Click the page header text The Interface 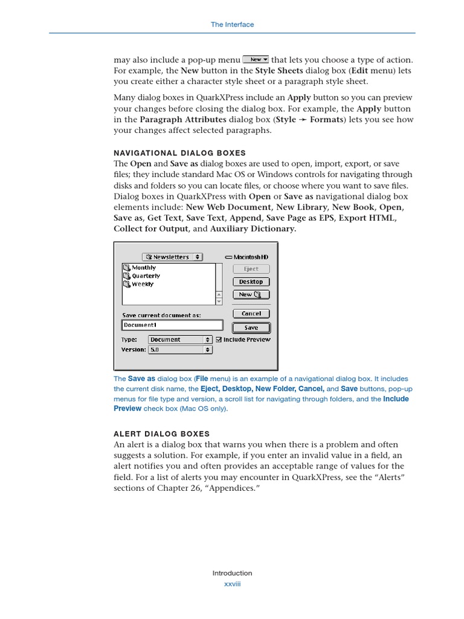[232, 25]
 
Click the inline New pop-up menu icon [256, 59]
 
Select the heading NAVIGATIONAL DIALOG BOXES [179, 153]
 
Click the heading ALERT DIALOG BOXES [161, 433]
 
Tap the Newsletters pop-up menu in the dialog [173, 257]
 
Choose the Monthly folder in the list [143, 267]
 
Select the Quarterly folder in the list [146, 276]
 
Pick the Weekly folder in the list [142, 284]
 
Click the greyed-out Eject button [251, 269]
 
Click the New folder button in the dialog [251, 294]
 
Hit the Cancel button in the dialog [251, 314]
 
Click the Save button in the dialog [251, 328]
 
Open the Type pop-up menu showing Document [180, 340]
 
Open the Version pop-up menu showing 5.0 [180, 349]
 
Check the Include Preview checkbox [219, 340]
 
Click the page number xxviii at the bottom [232, 584]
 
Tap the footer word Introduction [232, 573]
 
